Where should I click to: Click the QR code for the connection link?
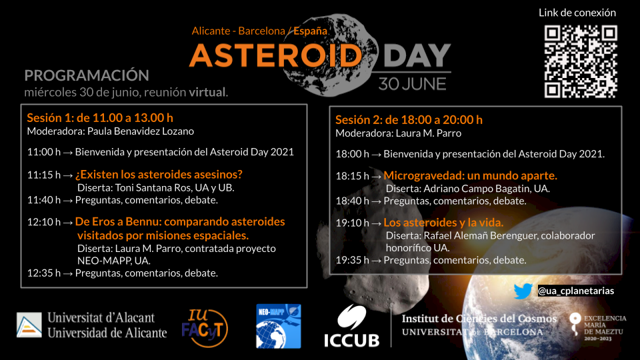pos(581,61)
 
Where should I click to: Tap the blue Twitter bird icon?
pos(523,291)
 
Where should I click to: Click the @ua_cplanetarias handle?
pos(576,291)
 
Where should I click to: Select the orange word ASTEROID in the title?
pos(276,55)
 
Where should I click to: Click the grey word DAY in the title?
pos(417,55)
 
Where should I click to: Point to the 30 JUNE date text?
pos(412,84)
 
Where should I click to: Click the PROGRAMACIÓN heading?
pos(87,75)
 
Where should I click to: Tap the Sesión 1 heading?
pos(100,117)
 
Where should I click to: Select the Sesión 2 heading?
pos(409,119)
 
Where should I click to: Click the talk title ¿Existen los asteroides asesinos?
pos(159,174)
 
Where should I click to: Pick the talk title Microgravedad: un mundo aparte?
pos(470,175)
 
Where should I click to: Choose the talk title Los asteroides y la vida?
pos(443,223)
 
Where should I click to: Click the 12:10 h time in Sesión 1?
pos(44,221)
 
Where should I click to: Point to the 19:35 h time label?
pos(352,260)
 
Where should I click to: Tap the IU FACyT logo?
pos(205,328)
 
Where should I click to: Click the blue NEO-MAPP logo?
pos(279,326)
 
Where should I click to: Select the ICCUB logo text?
pos(352,340)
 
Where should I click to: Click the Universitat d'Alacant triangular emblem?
pos(29,325)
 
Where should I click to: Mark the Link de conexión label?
pos(577,13)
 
